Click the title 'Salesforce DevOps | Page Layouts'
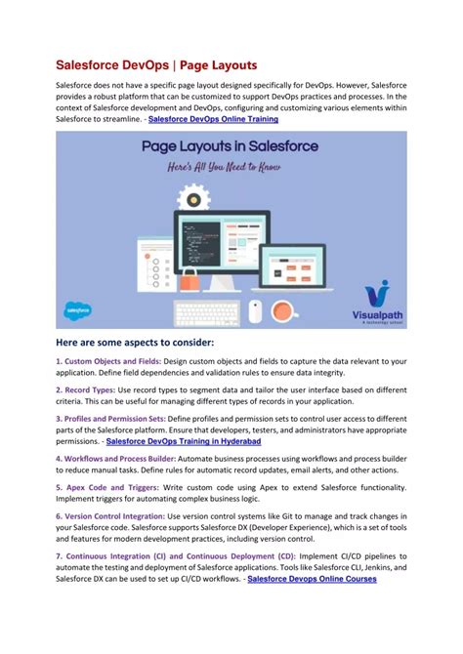click(155, 64)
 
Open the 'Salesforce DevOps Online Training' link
click(213, 119)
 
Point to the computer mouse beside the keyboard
click(255, 311)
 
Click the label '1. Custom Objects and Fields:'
click(110, 361)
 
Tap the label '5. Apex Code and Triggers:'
click(108, 485)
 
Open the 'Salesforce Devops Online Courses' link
click(312, 579)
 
